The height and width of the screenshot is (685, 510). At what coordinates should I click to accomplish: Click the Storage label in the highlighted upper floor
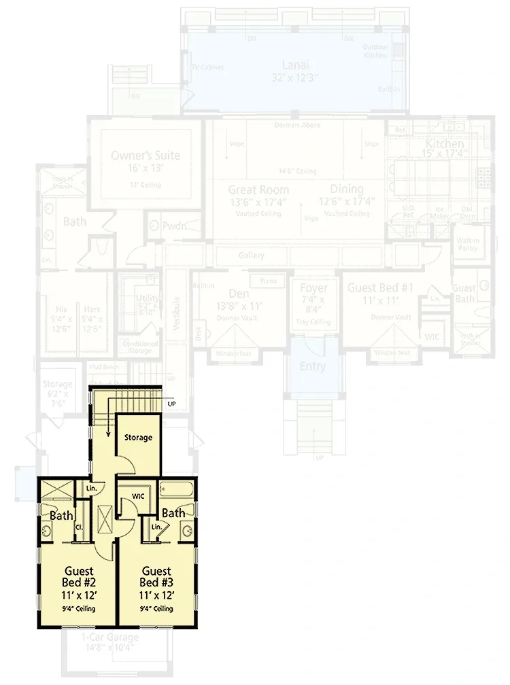(x=139, y=438)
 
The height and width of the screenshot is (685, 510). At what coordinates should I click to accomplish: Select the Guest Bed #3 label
(x=156, y=577)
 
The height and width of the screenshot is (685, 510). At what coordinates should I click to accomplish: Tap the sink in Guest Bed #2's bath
(x=46, y=531)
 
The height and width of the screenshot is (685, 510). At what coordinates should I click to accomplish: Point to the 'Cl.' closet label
(x=79, y=527)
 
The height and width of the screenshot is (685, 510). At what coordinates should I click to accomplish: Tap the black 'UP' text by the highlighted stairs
(x=172, y=403)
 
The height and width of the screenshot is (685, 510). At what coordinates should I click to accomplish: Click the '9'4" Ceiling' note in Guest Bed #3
(x=157, y=608)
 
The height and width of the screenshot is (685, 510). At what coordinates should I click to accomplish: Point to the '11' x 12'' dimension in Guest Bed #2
(x=80, y=595)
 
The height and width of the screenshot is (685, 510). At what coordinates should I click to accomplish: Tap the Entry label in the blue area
(x=312, y=366)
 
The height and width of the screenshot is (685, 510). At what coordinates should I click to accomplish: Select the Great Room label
(x=258, y=190)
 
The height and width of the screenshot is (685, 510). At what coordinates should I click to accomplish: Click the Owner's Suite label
(x=146, y=156)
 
